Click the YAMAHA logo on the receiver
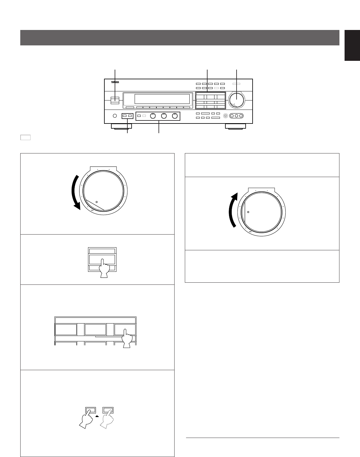click(115, 82)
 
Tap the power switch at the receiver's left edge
click(115, 100)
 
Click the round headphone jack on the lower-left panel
click(115, 116)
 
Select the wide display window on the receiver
click(162, 99)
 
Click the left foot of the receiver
click(121, 126)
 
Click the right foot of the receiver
click(235, 126)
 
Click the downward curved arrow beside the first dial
click(74, 192)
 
